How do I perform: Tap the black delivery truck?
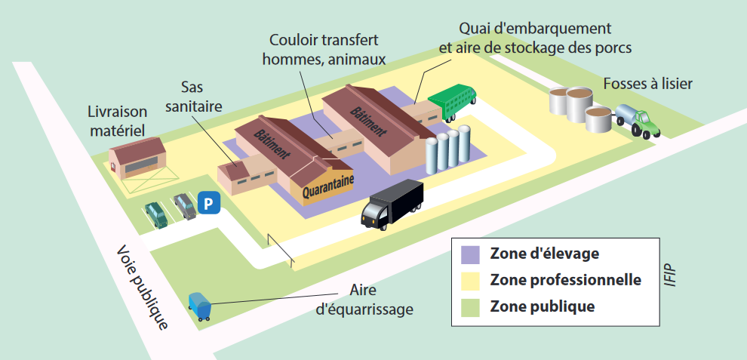[392, 204]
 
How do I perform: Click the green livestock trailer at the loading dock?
[452, 101]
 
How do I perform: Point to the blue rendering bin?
[200, 306]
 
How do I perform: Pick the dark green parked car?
[156, 215]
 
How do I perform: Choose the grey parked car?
[185, 206]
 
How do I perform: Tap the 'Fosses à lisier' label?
[648, 84]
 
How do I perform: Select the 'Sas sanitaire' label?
[194, 97]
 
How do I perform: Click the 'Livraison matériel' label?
[118, 121]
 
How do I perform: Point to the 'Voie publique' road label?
[143, 287]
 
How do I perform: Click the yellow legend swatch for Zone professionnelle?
[470, 280]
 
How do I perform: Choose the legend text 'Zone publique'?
[543, 306]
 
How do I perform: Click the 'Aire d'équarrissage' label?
[364, 300]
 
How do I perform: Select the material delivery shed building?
[137, 158]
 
